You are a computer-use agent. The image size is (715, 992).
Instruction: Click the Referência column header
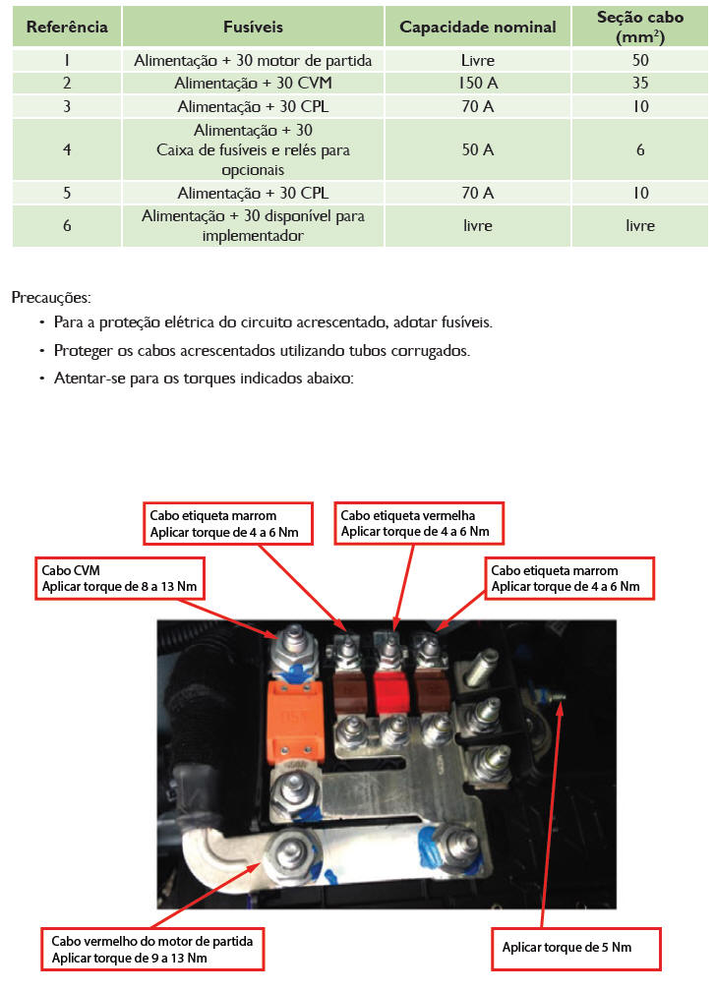[67, 27]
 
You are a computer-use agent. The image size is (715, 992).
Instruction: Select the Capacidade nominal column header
[477, 27]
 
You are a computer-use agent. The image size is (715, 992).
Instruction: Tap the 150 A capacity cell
[477, 83]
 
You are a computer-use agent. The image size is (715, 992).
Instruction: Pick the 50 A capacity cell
[477, 150]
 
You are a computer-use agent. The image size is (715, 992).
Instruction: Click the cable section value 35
[640, 83]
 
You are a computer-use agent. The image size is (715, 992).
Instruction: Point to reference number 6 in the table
[67, 225]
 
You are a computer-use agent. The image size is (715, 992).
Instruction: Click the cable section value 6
[640, 150]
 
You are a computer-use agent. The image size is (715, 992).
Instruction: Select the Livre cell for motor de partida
[477, 60]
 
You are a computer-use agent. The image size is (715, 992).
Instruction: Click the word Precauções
[50, 296]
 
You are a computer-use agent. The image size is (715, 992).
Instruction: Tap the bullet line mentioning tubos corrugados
[263, 350]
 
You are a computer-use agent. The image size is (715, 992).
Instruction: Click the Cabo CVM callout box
[122, 578]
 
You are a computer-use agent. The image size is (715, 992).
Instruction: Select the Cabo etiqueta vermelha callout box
[421, 523]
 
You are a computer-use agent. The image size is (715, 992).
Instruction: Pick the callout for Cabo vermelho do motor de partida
[153, 949]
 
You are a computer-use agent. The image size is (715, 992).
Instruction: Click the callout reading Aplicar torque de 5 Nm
[575, 948]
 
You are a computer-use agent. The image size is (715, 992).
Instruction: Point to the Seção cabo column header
[640, 27]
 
